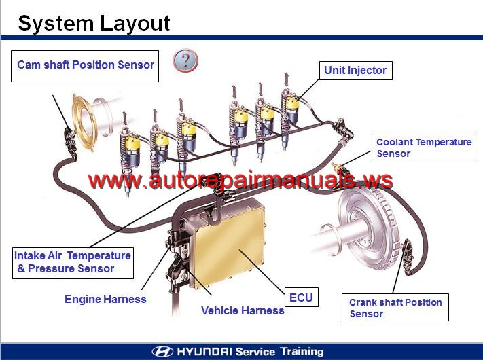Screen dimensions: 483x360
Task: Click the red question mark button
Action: tap(185, 60)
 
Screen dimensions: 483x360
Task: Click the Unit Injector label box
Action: tap(356, 71)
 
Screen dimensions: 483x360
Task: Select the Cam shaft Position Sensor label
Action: tap(85, 66)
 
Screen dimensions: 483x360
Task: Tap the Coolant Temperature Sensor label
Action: tap(424, 148)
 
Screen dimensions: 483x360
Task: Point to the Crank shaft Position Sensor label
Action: tap(395, 307)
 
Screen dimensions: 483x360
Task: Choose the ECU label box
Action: tap(301, 298)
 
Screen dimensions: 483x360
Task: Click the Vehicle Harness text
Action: tap(243, 310)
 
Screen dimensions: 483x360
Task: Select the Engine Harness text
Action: tap(105, 299)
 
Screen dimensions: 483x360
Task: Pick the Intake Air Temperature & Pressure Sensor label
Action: tap(73, 263)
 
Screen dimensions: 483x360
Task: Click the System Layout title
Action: tap(94, 23)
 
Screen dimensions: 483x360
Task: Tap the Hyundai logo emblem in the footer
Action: tap(162, 351)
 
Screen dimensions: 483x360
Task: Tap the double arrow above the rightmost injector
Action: tap(287, 79)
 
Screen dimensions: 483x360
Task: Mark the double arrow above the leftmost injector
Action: tap(125, 119)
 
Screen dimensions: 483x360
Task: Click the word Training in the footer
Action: tap(302, 351)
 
